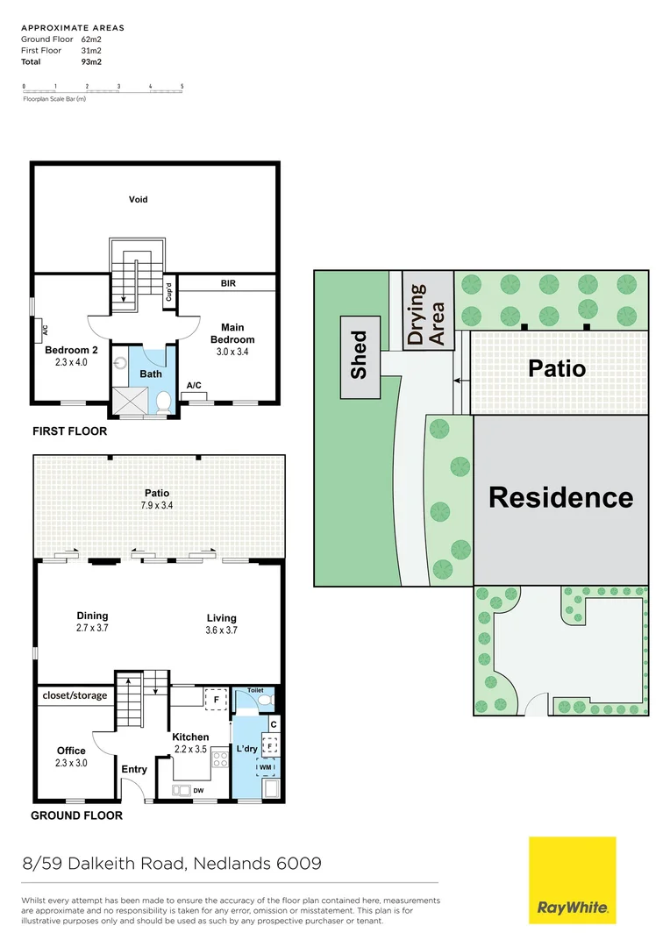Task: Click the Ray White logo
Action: [x=572, y=879]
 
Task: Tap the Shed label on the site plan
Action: [x=360, y=354]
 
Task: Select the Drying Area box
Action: [x=428, y=311]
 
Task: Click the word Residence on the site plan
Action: [x=560, y=497]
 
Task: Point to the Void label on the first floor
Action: [x=138, y=199]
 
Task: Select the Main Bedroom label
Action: [x=232, y=334]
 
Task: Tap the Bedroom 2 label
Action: [x=72, y=350]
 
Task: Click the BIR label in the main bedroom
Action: [x=229, y=283]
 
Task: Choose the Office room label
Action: [x=71, y=751]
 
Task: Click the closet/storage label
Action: [x=75, y=695]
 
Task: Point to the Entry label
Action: [x=134, y=769]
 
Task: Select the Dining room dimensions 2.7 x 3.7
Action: [x=92, y=628]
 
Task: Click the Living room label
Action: [x=221, y=618]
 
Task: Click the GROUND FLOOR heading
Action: [x=76, y=815]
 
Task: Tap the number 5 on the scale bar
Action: [x=182, y=86]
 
